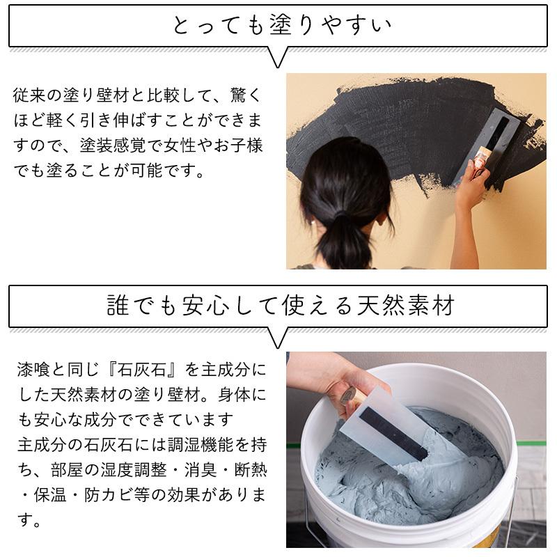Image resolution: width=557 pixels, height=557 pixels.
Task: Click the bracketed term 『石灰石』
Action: (x=144, y=368)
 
